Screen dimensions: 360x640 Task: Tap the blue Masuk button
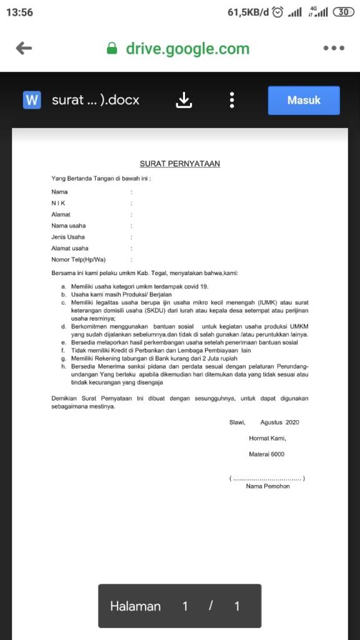[304, 100]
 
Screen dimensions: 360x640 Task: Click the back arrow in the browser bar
[24, 49]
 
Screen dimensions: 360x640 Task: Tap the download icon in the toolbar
[184, 100]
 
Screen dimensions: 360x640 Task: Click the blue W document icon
[32, 100]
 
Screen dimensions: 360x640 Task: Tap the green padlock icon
[112, 49]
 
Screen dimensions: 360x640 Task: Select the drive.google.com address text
[187, 49]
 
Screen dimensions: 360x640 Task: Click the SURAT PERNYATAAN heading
[179, 164]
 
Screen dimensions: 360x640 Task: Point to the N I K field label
[58, 203]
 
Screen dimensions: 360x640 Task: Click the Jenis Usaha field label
[68, 237]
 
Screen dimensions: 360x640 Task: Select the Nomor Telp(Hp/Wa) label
[78, 259]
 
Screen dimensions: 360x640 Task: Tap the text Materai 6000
[266, 454]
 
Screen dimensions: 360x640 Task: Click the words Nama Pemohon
[267, 486]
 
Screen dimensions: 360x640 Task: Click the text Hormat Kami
[267, 438]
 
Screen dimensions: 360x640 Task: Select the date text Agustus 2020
[280, 422]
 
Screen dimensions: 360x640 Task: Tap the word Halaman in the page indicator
[135, 606]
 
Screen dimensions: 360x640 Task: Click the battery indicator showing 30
[344, 12]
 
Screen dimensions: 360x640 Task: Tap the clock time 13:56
[19, 12]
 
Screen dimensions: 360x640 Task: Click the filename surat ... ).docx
[96, 100]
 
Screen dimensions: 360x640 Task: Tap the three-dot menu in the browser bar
[333, 49]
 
